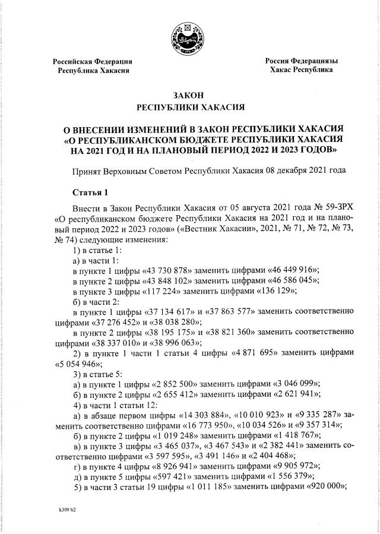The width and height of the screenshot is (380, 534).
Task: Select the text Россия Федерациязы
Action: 301,61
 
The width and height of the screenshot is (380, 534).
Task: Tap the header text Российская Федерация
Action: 92,62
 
